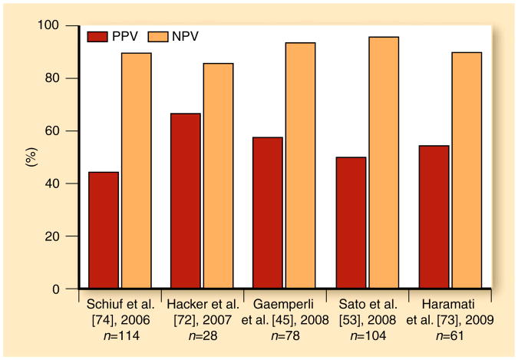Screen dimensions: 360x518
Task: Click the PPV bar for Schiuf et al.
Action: click(104, 230)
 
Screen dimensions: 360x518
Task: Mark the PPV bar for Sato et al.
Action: click(350, 223)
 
